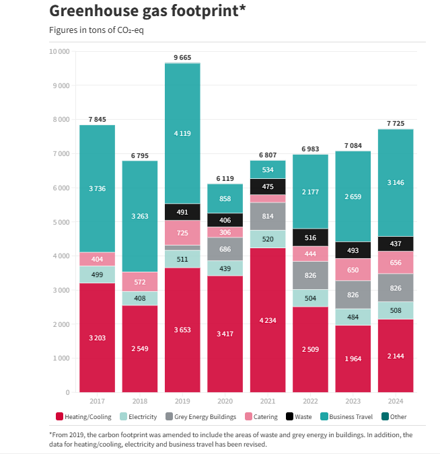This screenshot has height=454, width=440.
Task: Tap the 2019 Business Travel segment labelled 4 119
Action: [x=182, y=133]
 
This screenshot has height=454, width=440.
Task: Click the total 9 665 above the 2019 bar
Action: [x=182, y=58]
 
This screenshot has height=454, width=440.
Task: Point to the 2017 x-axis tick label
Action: [x=98, y=400]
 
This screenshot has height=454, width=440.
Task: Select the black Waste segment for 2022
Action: [x=310, y=237]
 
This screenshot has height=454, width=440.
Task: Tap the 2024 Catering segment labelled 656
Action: [x=395, y=262]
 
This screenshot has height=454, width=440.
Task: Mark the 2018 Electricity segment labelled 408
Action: [x=140, y=298]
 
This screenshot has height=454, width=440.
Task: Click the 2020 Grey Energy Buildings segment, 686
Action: [x=225, y=249]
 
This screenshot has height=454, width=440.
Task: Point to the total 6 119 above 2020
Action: [x=225, y=178]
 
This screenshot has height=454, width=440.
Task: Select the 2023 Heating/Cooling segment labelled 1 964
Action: [x=353, y=358]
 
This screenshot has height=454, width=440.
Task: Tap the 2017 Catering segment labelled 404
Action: [x=98, y=259]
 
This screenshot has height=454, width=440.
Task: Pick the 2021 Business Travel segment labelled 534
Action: [x=268, y=169]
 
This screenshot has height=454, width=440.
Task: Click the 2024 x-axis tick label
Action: [x=395, y=400]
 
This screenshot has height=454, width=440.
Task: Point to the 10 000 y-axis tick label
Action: [x=59, y=52]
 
